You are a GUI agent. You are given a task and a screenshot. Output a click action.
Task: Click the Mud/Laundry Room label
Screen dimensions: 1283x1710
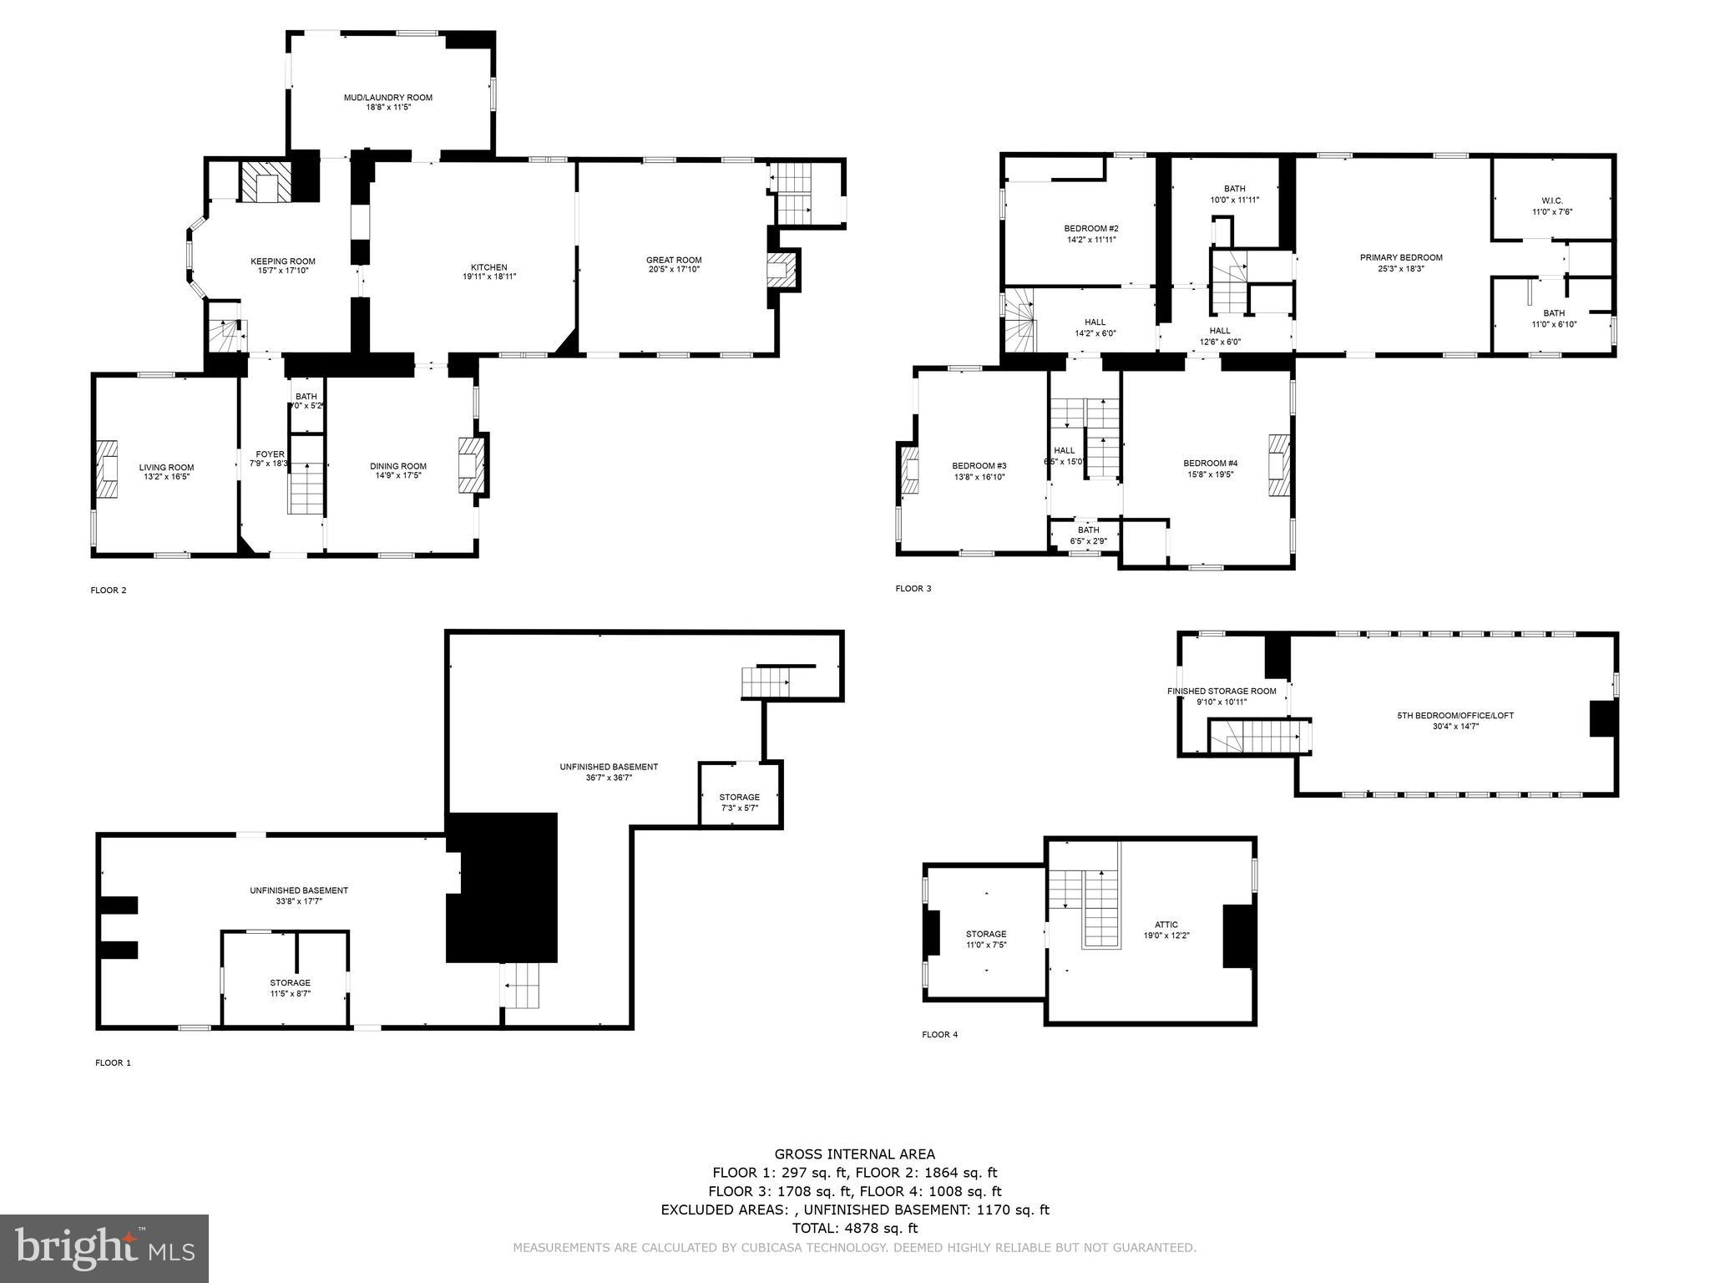pyautogui.click(x=387, y=98)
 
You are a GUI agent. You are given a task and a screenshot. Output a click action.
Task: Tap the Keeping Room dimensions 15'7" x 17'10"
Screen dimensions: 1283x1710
pyautogui.click(x=283, y=271)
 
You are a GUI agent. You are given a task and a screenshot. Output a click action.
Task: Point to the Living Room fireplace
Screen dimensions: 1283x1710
pyautogui.click(x=106, y=469)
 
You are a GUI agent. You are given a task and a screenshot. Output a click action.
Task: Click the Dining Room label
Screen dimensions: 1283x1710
pyautogui.click(x=398, y=466)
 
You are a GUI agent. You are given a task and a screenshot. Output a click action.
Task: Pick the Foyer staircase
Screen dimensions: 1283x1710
pyautogui.click(x=306, y=489)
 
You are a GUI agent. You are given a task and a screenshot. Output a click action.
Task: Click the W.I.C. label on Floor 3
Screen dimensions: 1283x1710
pyautogui.click(x=1552, y=200)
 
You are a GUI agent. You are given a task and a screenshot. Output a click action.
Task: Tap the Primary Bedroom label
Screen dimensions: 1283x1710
pyautogui.click(x=1400, y=257)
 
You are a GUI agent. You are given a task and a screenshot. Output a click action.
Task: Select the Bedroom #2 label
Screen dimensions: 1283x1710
pyautogui.click(x=1090, y=228)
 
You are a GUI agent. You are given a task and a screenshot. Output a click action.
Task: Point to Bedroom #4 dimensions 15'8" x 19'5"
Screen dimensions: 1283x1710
pyautogui.click(x=1210, y=474)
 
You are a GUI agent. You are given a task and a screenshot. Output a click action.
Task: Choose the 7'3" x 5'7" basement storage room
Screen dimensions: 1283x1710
pyautogui.click(x=740, y=796)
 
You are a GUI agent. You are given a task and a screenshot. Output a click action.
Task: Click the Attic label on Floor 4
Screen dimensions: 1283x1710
pyautogui.click(x=1166, y=925)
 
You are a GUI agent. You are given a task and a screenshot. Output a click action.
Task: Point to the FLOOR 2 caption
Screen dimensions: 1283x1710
pyautogui.click(x=109, y=591)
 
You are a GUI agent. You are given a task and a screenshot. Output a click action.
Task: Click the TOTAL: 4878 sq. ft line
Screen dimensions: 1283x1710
pyautogui.click(x=854, y=1228)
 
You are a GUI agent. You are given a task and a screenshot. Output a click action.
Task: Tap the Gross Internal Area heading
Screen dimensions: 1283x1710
pyautogui.click(x=854, y=1154)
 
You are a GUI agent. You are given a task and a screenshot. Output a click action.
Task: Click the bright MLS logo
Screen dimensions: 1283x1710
pyautogui.click(x=104, y=1248)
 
